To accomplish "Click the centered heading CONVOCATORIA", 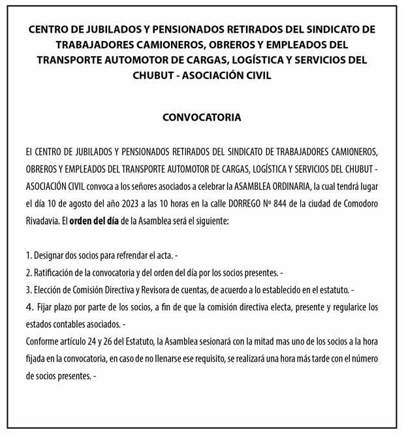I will [202, 118].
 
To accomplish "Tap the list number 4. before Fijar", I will [29, 306].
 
